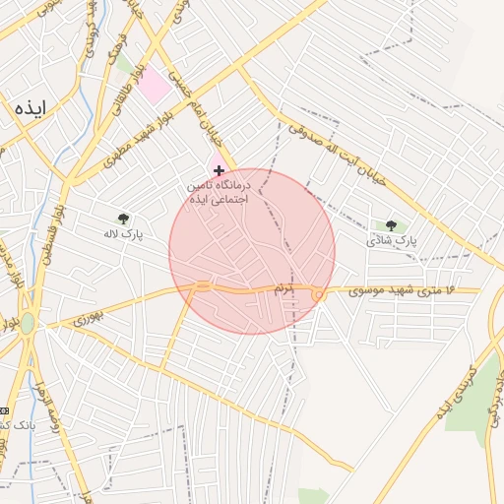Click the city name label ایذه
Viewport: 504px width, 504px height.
(x=31, y=107)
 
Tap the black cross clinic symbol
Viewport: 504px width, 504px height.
(x=219, y=171)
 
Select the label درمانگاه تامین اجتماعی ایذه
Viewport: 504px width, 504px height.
(x=221, y=191)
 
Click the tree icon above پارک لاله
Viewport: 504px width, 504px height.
(x=123, y=219)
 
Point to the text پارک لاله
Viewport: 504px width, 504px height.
(x=124, y=235)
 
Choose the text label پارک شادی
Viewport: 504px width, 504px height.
(x=392, y=240)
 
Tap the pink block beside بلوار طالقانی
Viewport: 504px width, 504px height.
(x=154, y=87)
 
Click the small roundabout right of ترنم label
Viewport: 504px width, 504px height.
(x=318, y=295)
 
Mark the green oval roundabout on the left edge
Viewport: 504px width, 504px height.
(x=27, y=324)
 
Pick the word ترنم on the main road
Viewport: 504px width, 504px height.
(x=283, y=288)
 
